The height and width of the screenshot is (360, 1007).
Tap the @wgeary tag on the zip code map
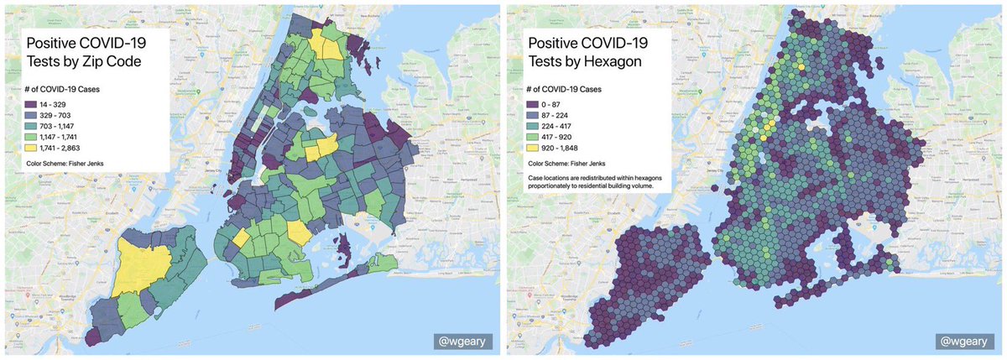coord(462,342)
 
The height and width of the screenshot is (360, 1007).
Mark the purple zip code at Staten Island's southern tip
coord(94,336)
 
